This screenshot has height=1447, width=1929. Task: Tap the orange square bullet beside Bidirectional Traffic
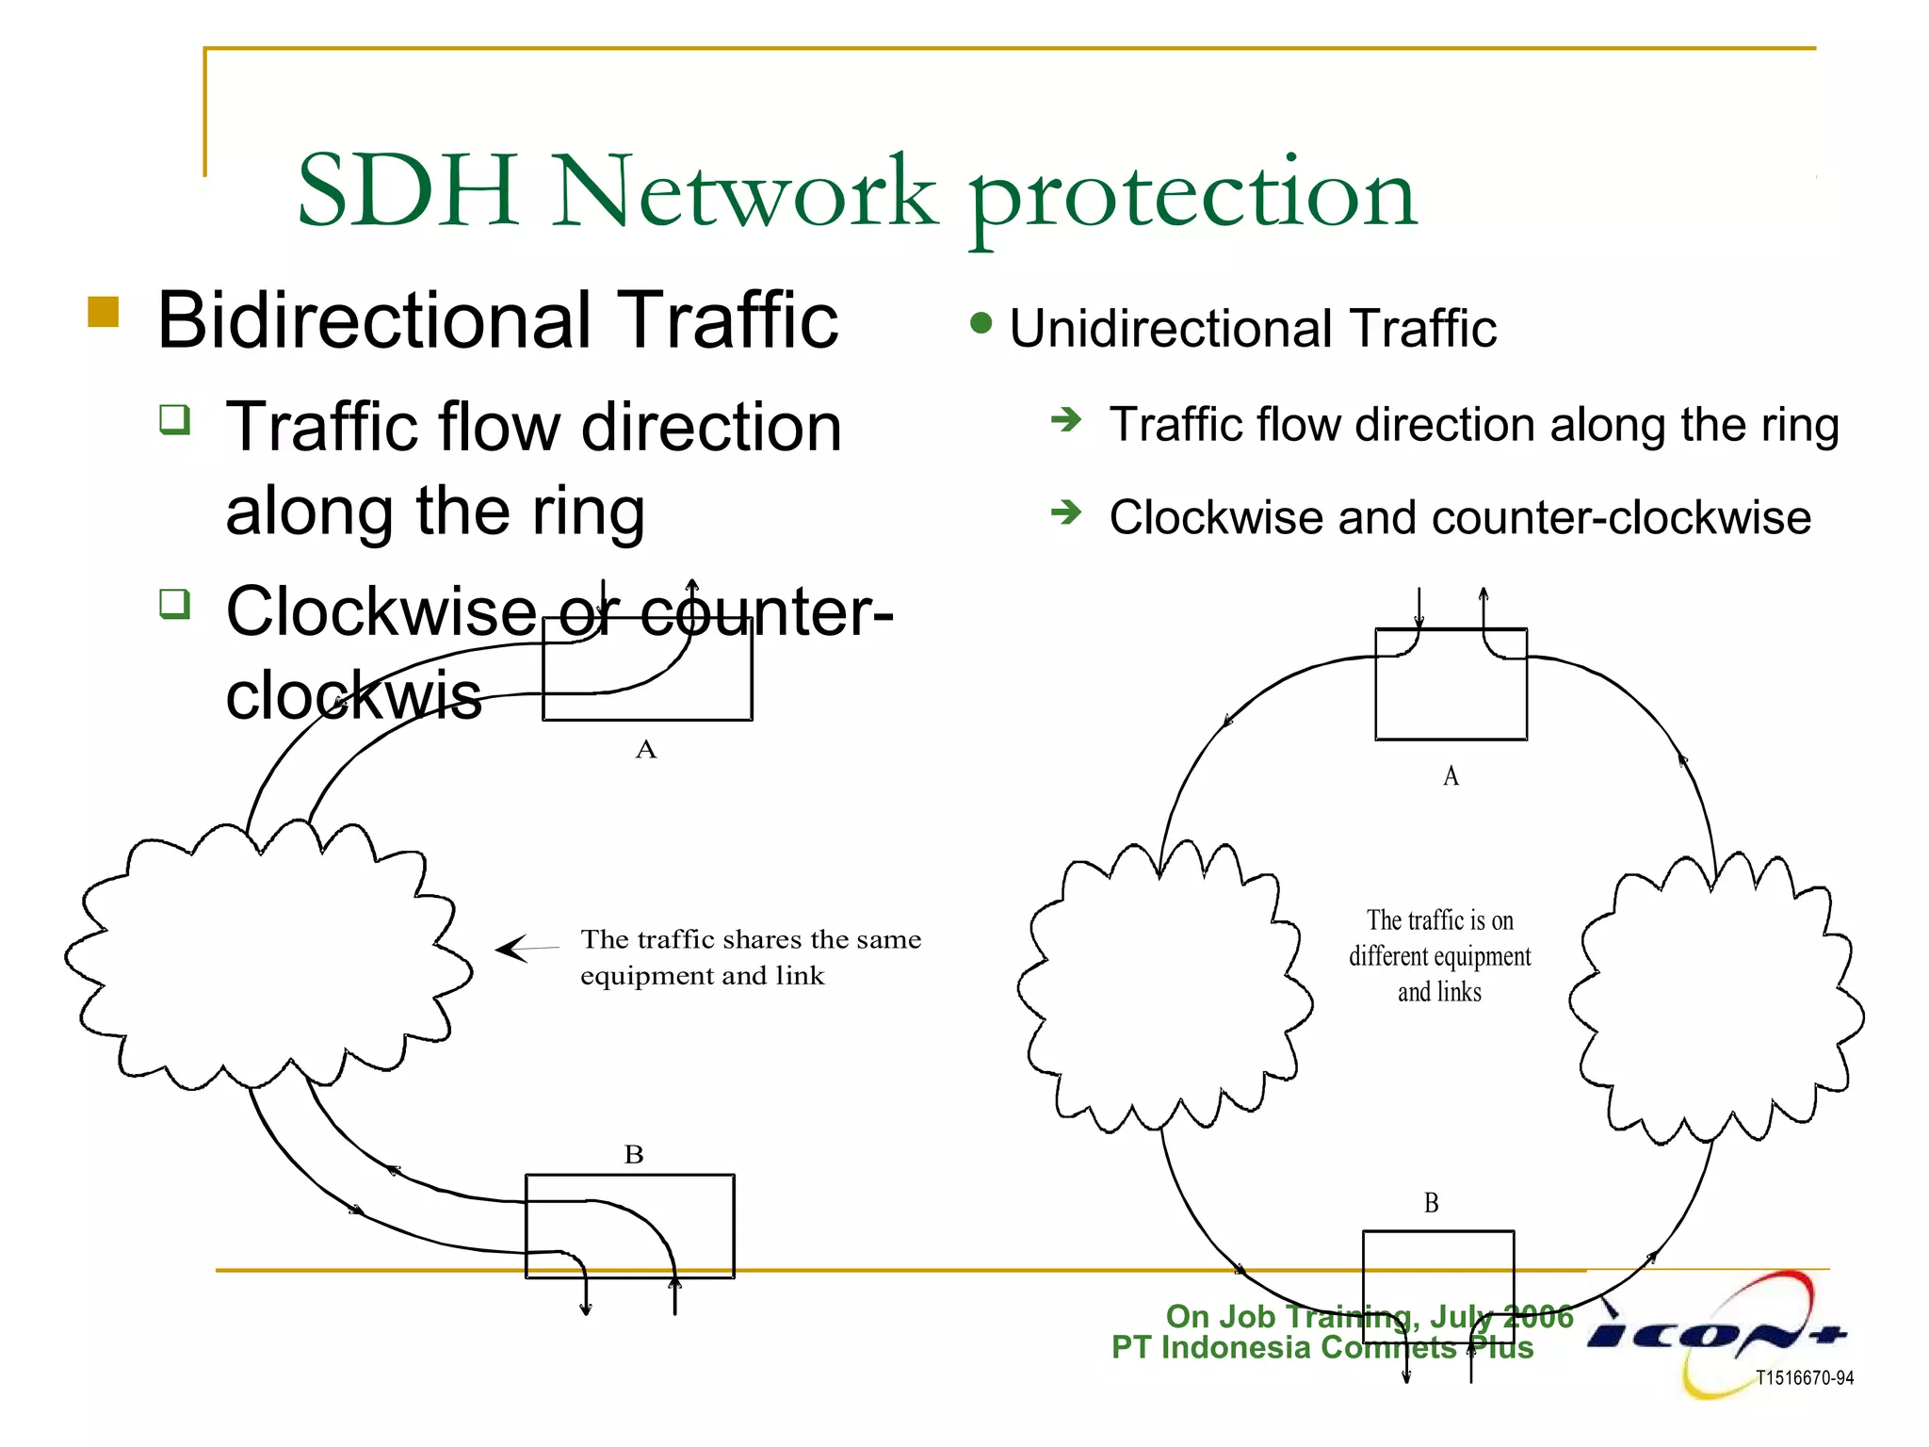click(104, 312)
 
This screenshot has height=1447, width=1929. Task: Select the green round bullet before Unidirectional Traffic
click(981, 323)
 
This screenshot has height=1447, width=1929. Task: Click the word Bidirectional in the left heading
click(376, 320)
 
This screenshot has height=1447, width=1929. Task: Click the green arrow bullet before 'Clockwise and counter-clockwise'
click(1066, 512)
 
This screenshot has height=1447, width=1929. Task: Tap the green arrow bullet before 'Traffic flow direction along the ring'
click(1066, 419)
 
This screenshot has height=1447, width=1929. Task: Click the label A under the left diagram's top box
click(645, 750)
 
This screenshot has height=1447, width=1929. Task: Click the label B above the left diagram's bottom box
click(634, 1155)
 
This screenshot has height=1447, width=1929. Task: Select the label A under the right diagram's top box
click(1451, 776)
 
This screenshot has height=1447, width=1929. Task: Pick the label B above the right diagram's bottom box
click(1431, 1203)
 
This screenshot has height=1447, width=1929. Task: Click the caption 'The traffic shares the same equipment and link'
click(750, 957)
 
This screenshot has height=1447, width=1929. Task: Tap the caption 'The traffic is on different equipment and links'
click(1439, 955)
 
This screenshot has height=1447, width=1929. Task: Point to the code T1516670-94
click(1805, 1378)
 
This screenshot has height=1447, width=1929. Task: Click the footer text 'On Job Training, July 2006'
click(1369, 1316)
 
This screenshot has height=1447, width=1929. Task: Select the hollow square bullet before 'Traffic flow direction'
click(175, 418)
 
